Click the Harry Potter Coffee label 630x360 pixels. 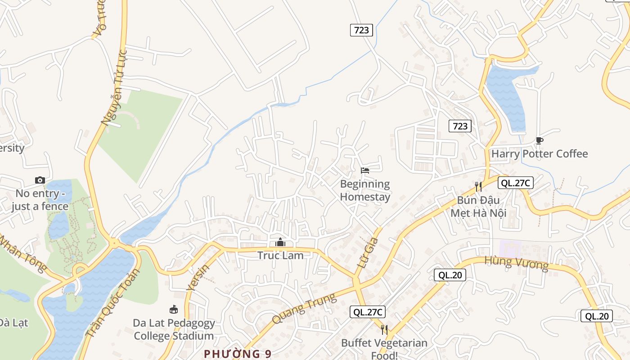tap(540, 154)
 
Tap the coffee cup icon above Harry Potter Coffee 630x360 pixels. tap(540, 141)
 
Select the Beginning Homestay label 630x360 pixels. tap(365, 190)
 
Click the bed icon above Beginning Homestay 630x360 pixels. tap(365, 171)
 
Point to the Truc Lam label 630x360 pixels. tap(280, 256)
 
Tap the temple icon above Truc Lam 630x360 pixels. tap(280, 243)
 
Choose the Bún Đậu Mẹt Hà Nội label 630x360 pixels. tap(478, 206)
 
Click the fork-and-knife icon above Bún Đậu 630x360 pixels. tap(478, 186)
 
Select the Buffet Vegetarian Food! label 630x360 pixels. tap(384, 349)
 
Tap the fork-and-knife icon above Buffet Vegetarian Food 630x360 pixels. tap(384, 330)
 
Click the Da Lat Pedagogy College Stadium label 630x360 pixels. tap(174, 329)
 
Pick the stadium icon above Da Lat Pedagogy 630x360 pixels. tap(174, 309)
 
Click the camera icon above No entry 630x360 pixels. tap(40, 180)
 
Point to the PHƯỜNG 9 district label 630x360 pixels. tap(238, 354)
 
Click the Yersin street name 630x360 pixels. tap(198, 277)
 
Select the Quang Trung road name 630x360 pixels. tap(304, 308)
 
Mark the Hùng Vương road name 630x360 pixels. tap(517, 264)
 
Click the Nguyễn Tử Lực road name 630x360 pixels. tap(115, 88)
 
